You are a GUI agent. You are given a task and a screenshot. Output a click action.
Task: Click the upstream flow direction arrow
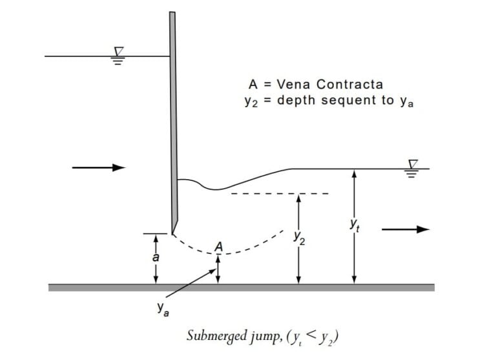click(x=98, y=168)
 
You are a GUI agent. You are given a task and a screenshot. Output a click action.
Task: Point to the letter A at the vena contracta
click(x=219, y=246)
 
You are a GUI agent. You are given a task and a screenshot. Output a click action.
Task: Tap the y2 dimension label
click(x=298, y=238)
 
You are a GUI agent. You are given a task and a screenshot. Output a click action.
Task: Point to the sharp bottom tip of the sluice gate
click(x=172, y=232)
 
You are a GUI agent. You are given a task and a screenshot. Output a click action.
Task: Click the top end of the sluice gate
click(x=172, y=13)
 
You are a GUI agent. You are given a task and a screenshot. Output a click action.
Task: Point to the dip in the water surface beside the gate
click(x=216, y=189)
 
